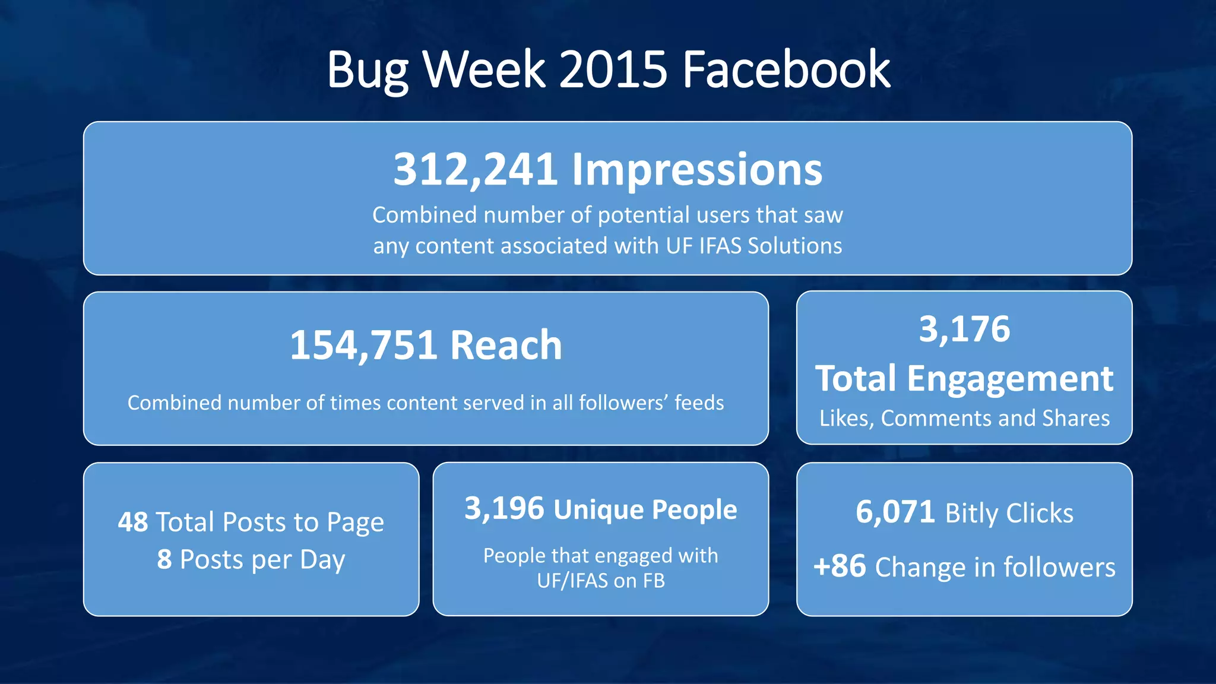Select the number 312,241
pos(475,170)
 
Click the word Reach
pos(506,345)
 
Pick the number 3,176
pos(964,329)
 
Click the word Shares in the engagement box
pos(1076,418)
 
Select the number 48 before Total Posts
pos(133,522)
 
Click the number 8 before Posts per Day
pos(164,559)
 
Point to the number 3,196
pos(504,509)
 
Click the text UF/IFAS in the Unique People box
pos(572,581)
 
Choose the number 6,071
pos(895,512)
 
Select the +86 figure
pos(840,566)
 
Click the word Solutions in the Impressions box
pos(794,246)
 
